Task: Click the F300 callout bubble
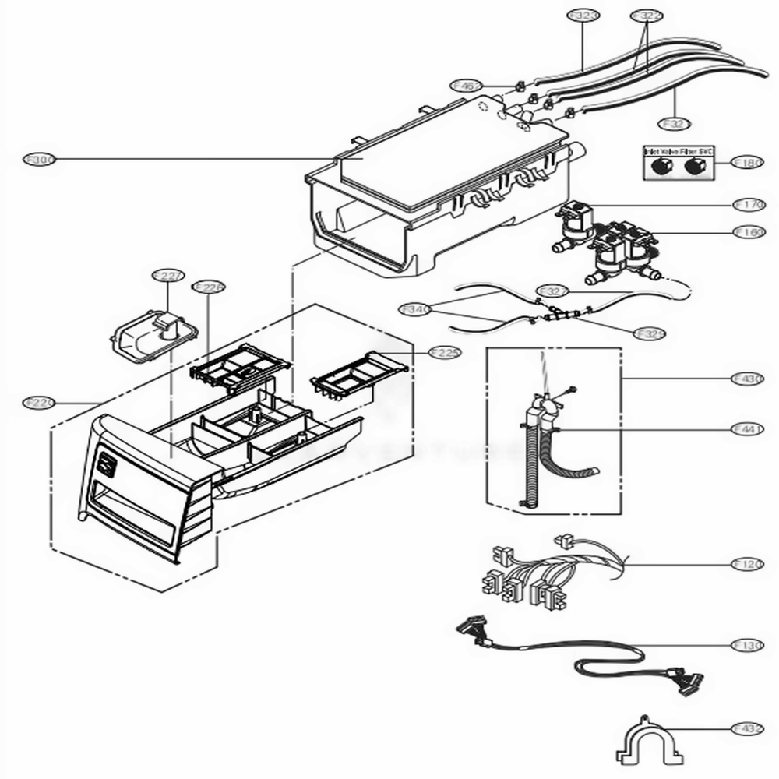[x=38, y=160]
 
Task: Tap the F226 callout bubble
[x=208, y=288]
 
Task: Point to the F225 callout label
[x=444, y=353]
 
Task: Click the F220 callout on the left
[x=38, y=403]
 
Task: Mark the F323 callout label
[x=583, y=15]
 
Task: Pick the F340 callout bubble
[x=415, y=309]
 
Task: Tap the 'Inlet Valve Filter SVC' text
[x=678, y=150]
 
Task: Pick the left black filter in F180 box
[x=662, y=166]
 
